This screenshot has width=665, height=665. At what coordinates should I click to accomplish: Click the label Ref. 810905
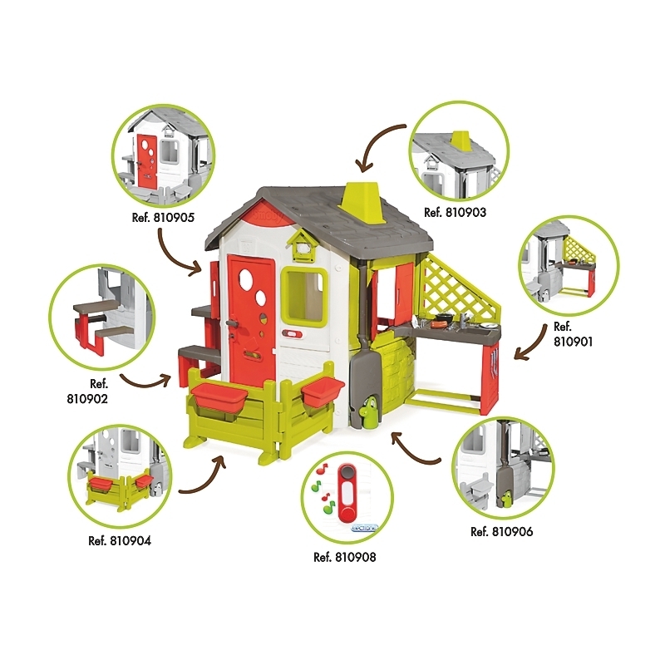tap(163, 218)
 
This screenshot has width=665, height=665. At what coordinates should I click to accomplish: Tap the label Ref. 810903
tap(455, 212)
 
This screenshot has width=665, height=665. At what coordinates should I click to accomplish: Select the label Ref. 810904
tap(120, 541)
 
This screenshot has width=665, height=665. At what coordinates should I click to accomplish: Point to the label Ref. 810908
tap(345, 557)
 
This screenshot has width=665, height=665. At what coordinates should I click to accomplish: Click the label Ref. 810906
tap(502, 531)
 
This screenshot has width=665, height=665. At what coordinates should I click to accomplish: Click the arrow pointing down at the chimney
tap(378, 146)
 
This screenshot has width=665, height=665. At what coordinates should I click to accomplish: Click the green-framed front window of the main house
tap(304, 297)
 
